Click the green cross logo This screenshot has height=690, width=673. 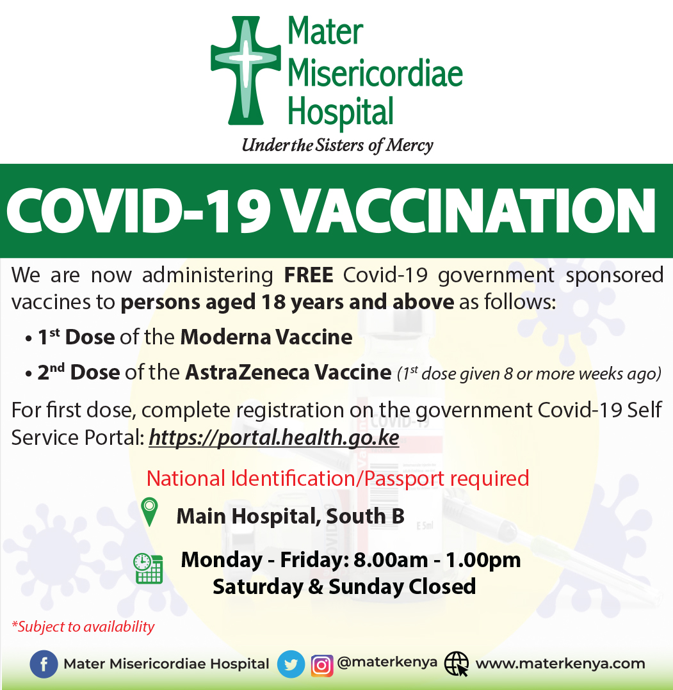[x=246, y=70]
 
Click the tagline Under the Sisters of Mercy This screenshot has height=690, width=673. [x=337, y=146]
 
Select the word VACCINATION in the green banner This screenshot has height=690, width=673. [x=469, y=211]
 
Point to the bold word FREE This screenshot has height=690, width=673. [x=309, y=275]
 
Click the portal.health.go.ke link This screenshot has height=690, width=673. [x=274, y=438]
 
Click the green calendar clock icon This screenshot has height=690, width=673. [x=149, y=568]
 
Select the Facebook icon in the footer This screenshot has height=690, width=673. [x=44, y=664]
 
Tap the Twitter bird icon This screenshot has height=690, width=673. [x=291, y=664]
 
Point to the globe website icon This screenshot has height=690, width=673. [x=456, y=664]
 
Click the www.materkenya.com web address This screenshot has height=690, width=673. [x=560, y=663]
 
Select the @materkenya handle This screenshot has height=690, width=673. [x=387, y=662]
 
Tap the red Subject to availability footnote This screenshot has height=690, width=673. [x=83, y=627]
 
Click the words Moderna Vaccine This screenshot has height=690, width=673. [x=266, y=337]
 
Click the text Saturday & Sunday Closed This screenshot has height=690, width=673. [x=345, y=586]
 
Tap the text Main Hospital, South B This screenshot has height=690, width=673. [x=291, y=516]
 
